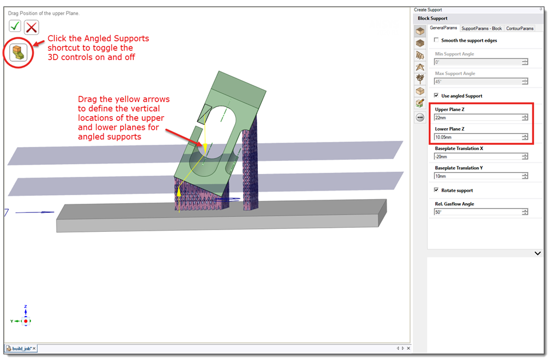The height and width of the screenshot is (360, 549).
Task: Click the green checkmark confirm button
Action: [15, 26]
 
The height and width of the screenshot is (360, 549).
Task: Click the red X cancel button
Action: [31, 27]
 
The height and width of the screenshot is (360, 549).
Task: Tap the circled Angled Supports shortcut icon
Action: [18, 53]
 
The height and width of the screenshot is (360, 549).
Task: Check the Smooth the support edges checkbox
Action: [436, 40]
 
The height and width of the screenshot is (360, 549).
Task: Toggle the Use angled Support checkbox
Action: [436, 96]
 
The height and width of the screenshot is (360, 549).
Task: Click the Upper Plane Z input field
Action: [478, 117]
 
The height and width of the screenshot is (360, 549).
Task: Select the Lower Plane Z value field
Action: [478, 137]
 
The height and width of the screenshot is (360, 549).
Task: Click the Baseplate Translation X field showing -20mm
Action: [478, 157]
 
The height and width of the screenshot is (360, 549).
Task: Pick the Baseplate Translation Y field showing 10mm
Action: [478, 176]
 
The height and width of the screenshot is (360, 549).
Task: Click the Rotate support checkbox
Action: [436, 190]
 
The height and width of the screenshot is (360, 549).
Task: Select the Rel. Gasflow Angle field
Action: [478, 212]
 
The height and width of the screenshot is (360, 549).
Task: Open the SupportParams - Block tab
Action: [482, 29]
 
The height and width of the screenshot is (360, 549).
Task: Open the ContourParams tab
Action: [520, 29]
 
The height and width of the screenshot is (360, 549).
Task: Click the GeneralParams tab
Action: [443, 27]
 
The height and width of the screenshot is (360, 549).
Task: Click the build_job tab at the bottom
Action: [21, 349]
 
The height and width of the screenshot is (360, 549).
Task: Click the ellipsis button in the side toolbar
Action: [420, 117]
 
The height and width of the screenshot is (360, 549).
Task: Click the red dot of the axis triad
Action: [26, 321]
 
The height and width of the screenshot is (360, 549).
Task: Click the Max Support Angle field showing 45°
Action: [478, 81]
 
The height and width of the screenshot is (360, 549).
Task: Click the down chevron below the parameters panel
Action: [538, 253]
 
